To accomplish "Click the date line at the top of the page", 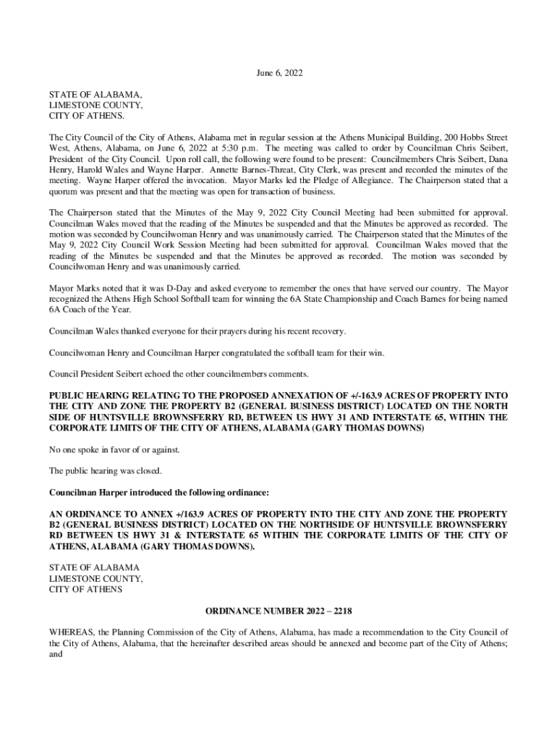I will coord(279,73).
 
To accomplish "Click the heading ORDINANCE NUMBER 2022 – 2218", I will coord(278,611).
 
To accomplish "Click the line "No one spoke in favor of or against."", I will coord(114,449).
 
